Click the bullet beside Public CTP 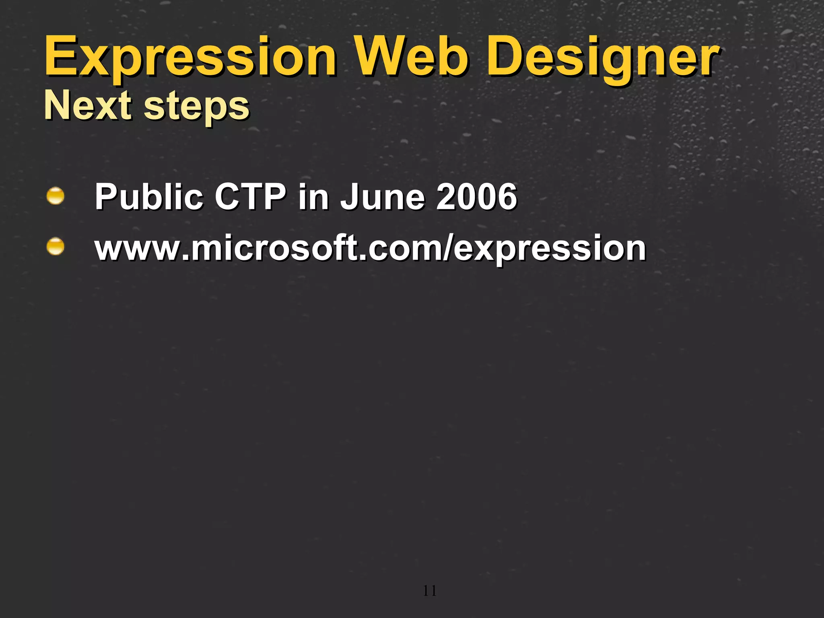click(x=55, y=196)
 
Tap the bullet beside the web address click(x=55, y=246)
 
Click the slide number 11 click(x=430, y=591)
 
